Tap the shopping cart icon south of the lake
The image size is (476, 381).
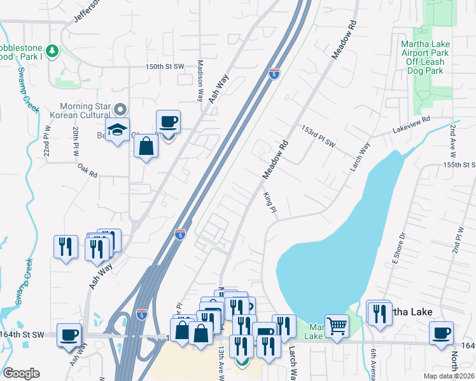[x=337, y=326]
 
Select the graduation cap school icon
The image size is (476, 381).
[x=117, y=130]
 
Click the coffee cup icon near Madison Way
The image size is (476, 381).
[x=168, y=122]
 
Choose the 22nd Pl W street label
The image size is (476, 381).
[x=46, y=145]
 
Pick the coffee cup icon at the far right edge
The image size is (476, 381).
[x=441, y=333]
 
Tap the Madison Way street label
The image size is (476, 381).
[x=200, y=81]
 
